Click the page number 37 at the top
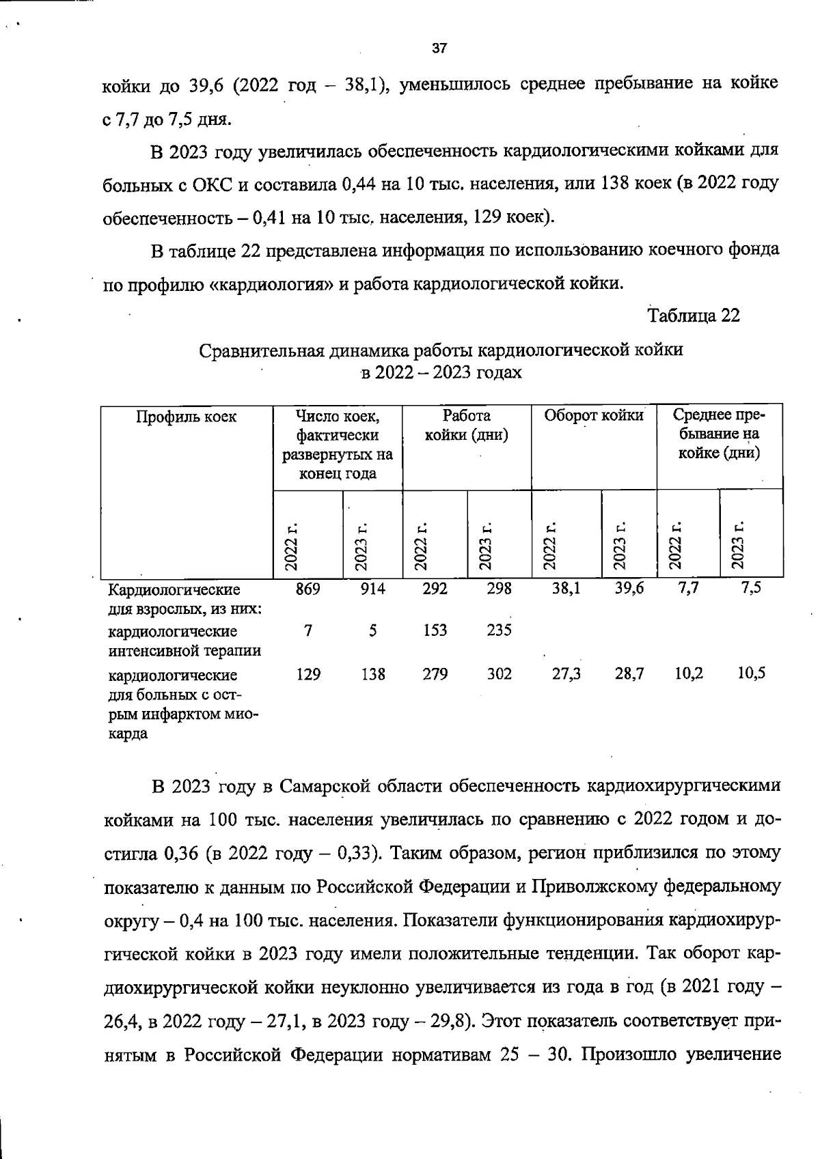(439, 48)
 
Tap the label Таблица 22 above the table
(693, 316)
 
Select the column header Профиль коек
(186, 417)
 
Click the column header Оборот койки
(593, 415)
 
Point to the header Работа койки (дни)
(467, 425)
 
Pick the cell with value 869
(307, 589)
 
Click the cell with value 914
(372, 589)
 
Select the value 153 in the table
(435, 630)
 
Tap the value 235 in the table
(499, 630)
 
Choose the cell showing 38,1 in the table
(566, 589)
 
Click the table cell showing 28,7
(629, 673)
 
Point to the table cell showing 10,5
(751, 673)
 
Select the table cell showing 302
(499, 674)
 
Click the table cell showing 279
(435, 674)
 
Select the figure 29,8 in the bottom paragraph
(449, 1022)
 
